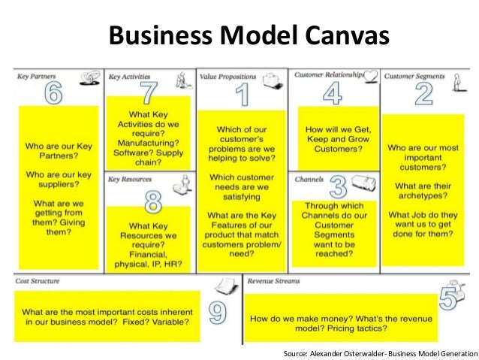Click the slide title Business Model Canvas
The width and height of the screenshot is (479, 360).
point(239,35)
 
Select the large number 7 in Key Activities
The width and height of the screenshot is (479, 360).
point(149,92)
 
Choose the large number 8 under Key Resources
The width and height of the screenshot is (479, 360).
point(153,201)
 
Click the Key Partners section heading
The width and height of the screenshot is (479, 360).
point(37,77)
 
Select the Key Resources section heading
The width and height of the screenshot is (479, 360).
point(130,180)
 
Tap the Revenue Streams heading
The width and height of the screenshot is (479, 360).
point(274,281)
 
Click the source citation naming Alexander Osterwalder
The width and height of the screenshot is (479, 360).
point(380,352)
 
